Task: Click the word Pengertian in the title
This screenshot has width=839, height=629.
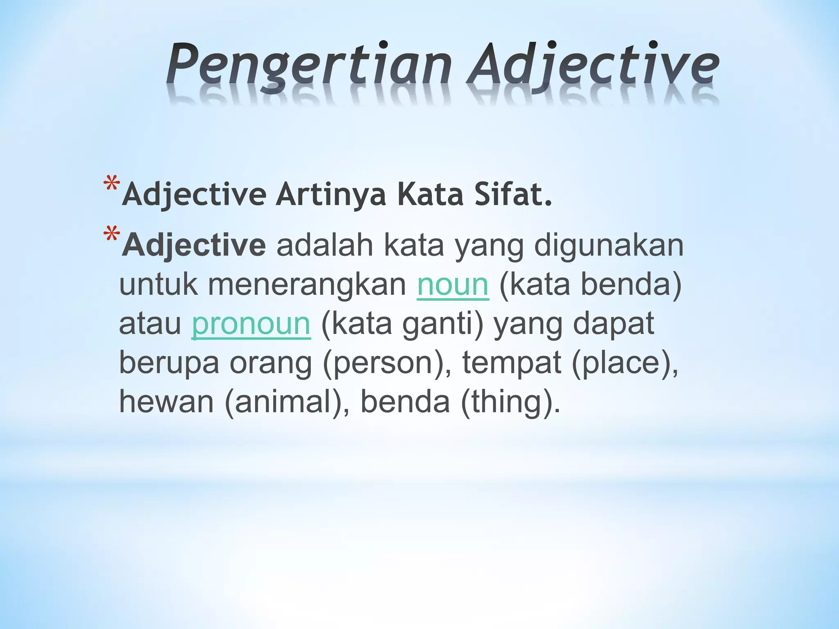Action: (309, 66)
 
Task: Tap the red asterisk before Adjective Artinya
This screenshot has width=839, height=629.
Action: (112, 184)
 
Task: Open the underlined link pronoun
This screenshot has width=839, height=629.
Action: (251, 324)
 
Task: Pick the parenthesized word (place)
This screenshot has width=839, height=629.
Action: (624, 363)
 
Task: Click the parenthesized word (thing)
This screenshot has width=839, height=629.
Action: (510, 402)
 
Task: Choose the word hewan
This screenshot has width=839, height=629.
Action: (166, 402)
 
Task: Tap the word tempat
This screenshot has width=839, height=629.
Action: (511, 363)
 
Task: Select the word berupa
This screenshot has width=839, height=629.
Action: (169, 363)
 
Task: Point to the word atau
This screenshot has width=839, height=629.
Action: (150, 324)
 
